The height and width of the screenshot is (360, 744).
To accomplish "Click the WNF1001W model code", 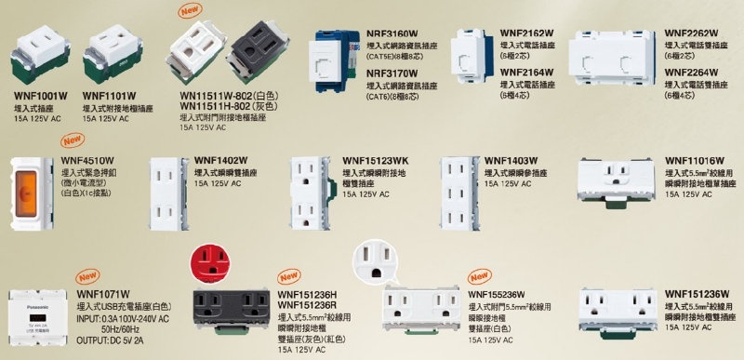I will (x=40, y=95).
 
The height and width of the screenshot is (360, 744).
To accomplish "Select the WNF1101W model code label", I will (x=110, y=95).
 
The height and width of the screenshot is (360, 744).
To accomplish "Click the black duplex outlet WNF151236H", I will (x=231, y=312).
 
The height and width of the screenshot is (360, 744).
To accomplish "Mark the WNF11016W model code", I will (x=695, y=159).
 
